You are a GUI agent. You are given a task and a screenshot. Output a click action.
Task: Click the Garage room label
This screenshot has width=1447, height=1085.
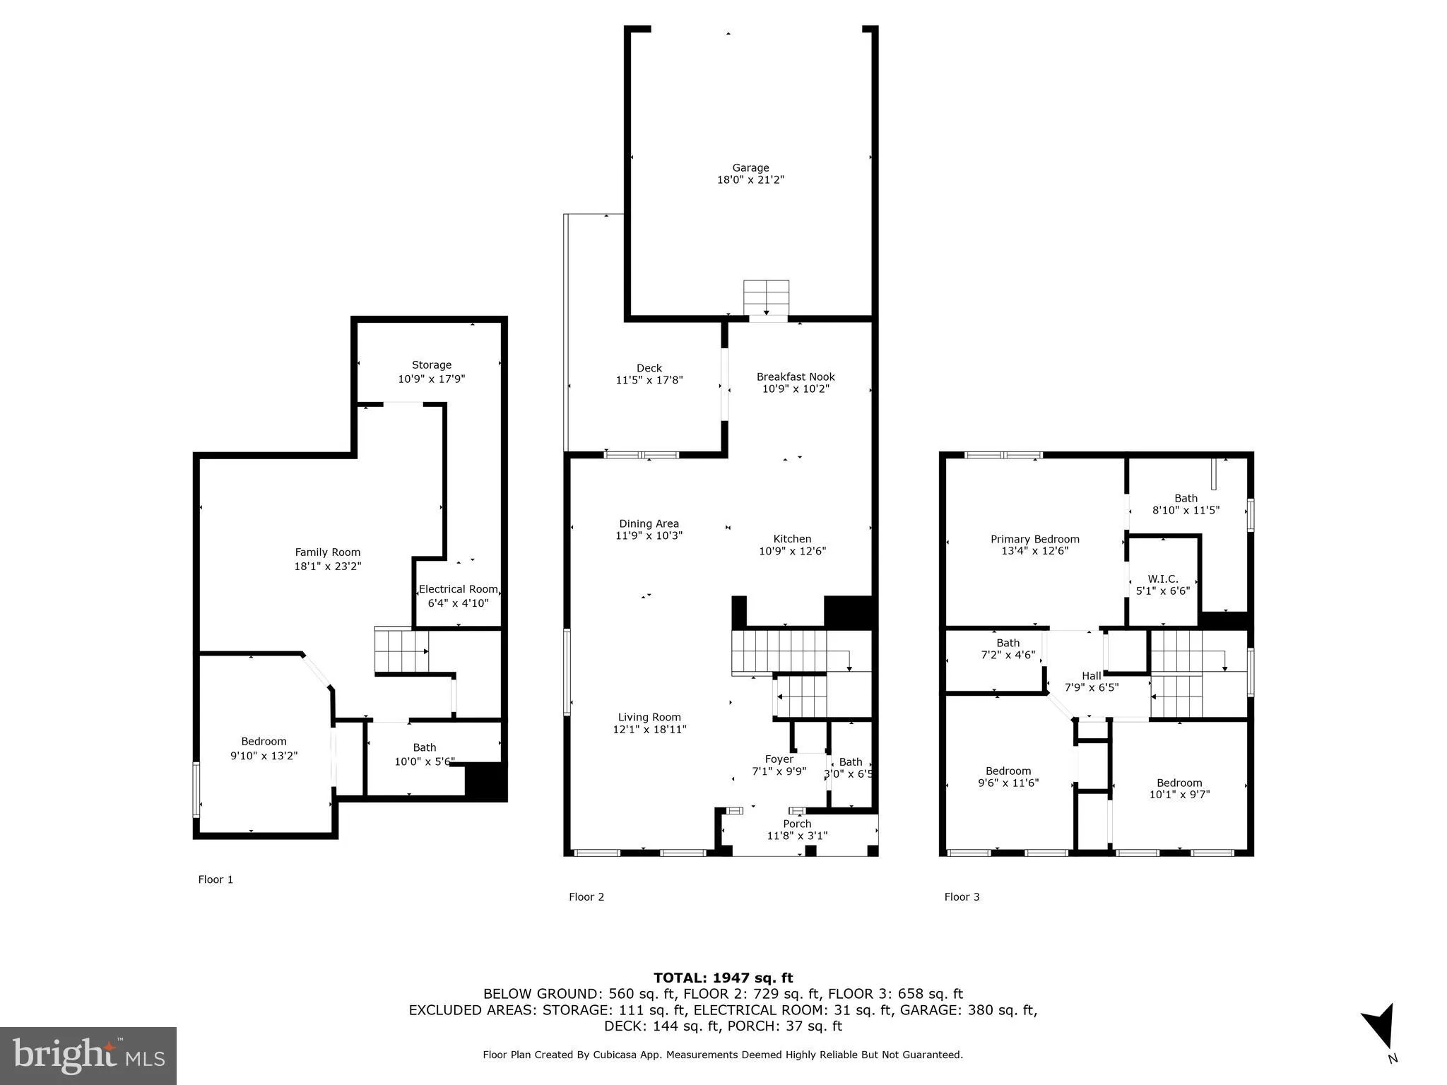[x=750, y=167]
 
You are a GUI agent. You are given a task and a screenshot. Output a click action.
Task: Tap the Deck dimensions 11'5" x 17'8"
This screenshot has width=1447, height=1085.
[x=649, y=380]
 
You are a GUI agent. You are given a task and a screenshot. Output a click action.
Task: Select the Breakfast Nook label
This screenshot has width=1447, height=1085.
[x=795, y=377]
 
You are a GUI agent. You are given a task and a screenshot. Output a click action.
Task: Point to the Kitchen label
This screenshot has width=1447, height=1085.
[x=791, y=538]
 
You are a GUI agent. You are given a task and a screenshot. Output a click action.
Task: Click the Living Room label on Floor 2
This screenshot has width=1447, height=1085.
[x=649, y=717]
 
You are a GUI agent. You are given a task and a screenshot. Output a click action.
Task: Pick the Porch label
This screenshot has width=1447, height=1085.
[x=796, y=824]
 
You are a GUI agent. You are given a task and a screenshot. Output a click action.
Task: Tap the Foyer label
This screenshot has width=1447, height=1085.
[x=779, y=759]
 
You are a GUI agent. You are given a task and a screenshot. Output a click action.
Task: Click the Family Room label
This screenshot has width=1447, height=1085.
[x=327, y=552]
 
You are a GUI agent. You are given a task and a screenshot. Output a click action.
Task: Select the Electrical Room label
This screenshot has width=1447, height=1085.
[x=458, y=589]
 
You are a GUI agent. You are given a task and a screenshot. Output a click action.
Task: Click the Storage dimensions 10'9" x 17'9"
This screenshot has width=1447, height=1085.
[x=431, y=379]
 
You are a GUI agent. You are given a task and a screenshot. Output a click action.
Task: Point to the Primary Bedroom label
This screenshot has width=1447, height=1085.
[x=1034, y=539]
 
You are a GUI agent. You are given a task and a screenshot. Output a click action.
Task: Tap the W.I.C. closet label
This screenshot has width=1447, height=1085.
[x=1162, y=579]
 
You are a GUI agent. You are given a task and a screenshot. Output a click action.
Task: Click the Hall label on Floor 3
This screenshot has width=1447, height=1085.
[x=1091, y=676]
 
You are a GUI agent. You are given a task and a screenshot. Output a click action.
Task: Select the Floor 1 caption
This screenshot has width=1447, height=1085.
[x=215, y=879]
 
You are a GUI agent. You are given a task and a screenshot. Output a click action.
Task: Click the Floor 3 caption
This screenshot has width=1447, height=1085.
[x=962, y=896]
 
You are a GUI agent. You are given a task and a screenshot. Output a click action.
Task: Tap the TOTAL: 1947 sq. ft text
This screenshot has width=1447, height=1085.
[x=723, y=978]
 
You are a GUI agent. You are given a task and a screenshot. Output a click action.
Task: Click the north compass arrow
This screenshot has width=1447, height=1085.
[x=1380, y=1028]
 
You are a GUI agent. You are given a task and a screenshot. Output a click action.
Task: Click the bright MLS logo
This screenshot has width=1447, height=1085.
[x=88, y=1055]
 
